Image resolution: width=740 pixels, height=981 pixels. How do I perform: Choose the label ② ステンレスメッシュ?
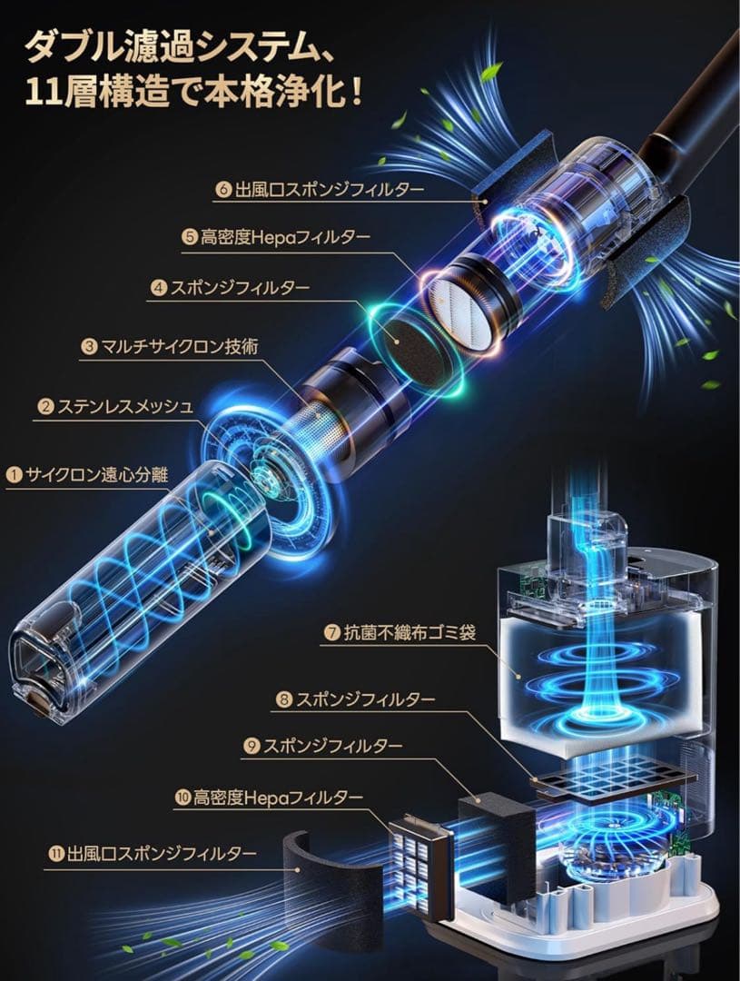coord(115,407)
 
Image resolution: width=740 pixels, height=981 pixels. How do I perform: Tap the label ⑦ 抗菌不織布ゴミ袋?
coord(400,633)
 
